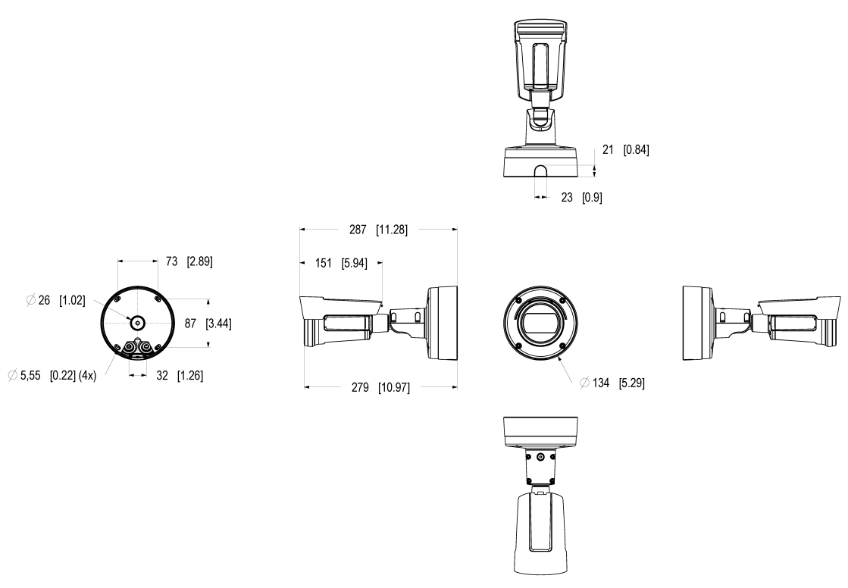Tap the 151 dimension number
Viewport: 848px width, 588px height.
click(324, 263)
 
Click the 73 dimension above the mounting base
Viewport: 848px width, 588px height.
click(171, 262)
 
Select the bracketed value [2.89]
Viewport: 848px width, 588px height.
click(199, 262)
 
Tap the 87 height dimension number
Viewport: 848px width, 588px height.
click(190, 323)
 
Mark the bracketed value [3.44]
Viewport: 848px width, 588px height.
click(218, 323)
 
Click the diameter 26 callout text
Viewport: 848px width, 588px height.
click(44, 301)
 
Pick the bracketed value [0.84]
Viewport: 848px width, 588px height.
click(636, 150)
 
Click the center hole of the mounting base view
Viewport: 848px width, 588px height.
click(137, 321)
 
